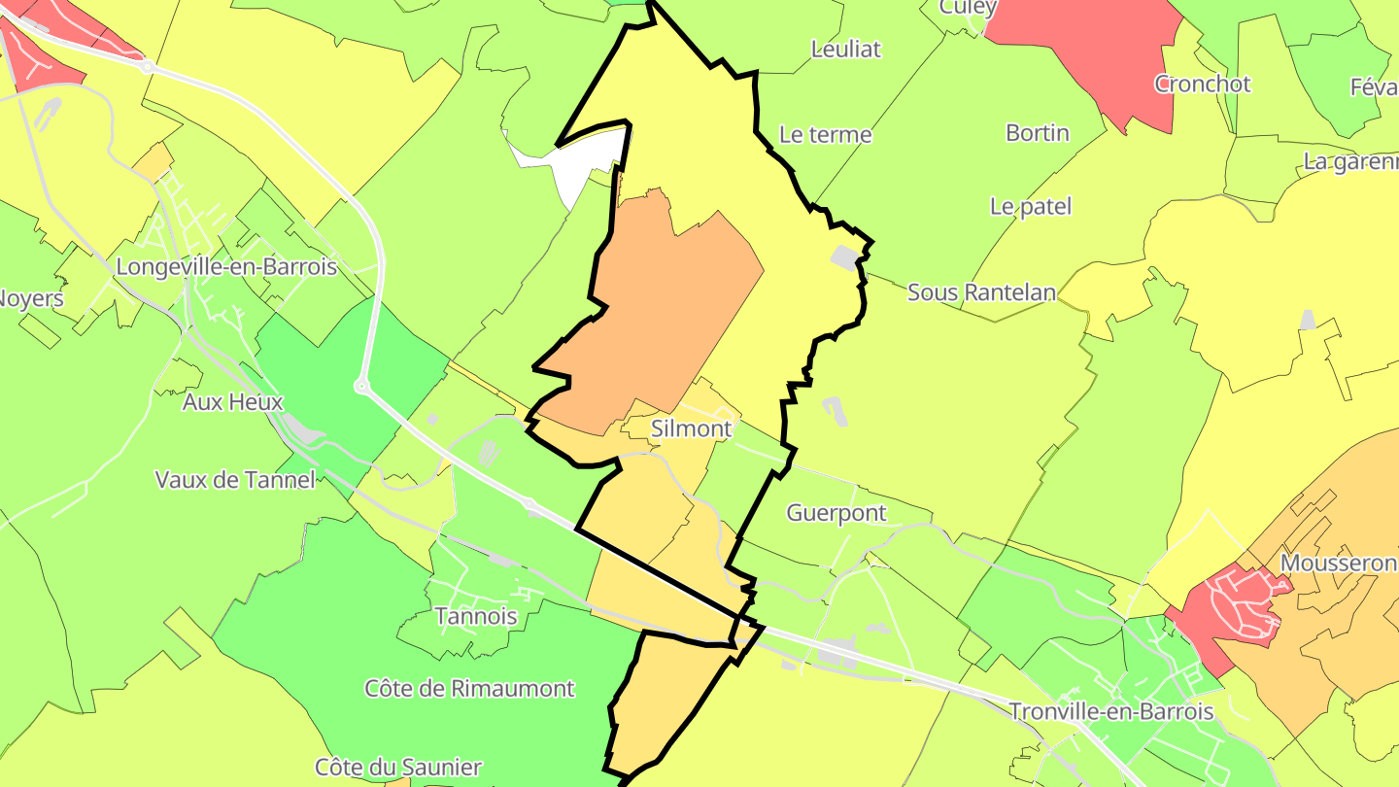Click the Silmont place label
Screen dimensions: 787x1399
pyautogui.click(x=691, y=428)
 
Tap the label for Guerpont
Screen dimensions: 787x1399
pyautogui.click(x=836, y=513)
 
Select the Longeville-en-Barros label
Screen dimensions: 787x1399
pyautogui.click(x=226, y=266)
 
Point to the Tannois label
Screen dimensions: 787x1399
pyautogui.click(x=476, y=616)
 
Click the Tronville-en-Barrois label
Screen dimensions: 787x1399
pyautogui.click(x=1111, y=711)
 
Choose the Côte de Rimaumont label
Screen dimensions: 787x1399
pyautogui.click(x=470, y=689)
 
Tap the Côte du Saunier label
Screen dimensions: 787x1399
pyautogui.click(x=398, y=768)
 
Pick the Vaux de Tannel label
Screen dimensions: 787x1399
pyautogui.click(x=235, y=479)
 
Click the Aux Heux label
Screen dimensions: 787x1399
pyautogui.click(x=232, y=402)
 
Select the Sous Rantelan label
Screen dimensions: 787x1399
pyautogui.click(x=981, y=292)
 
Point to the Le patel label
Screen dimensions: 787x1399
pyautogui.click(x=1031, y=207)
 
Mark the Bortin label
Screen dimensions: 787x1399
pyautogui.click(x=1038, y=133)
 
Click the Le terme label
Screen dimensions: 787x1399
pyautogui.click(x=826, y=135)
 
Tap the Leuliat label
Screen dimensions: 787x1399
pyautogui.click(x=846, y=50)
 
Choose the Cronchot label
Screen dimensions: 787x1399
pyautogui.click(x=1203, y=85)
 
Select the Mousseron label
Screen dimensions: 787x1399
pyautogui.click(x=1338, y=564)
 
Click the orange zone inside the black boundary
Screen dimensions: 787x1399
pyautogui.click(x=661, y=311)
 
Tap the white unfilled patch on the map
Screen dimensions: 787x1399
pyautogui.click(x=583, y=165)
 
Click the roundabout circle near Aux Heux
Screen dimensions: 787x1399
pyautogui.click(x=362, y=387)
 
